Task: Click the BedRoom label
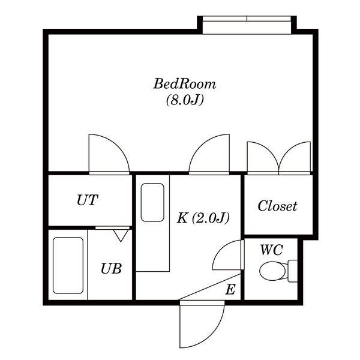(x=185, y=84)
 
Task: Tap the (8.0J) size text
(x=185, y=100)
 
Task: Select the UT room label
(x=88, y=200)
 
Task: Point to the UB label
(x=111, y=268)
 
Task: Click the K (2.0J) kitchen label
(x=203, y=218)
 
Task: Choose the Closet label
(x=277, y=206)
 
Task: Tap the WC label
(x=271, y=250)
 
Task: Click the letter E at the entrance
(x=230, y=289)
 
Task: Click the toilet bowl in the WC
(x=273, y=271)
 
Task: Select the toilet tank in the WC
(x=293, y=271)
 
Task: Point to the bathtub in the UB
(x=68, y=265)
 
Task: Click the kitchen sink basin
(x=152, y=202)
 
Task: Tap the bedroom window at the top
(x=247, y=25)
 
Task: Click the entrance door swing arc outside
(x=217, y=335)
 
